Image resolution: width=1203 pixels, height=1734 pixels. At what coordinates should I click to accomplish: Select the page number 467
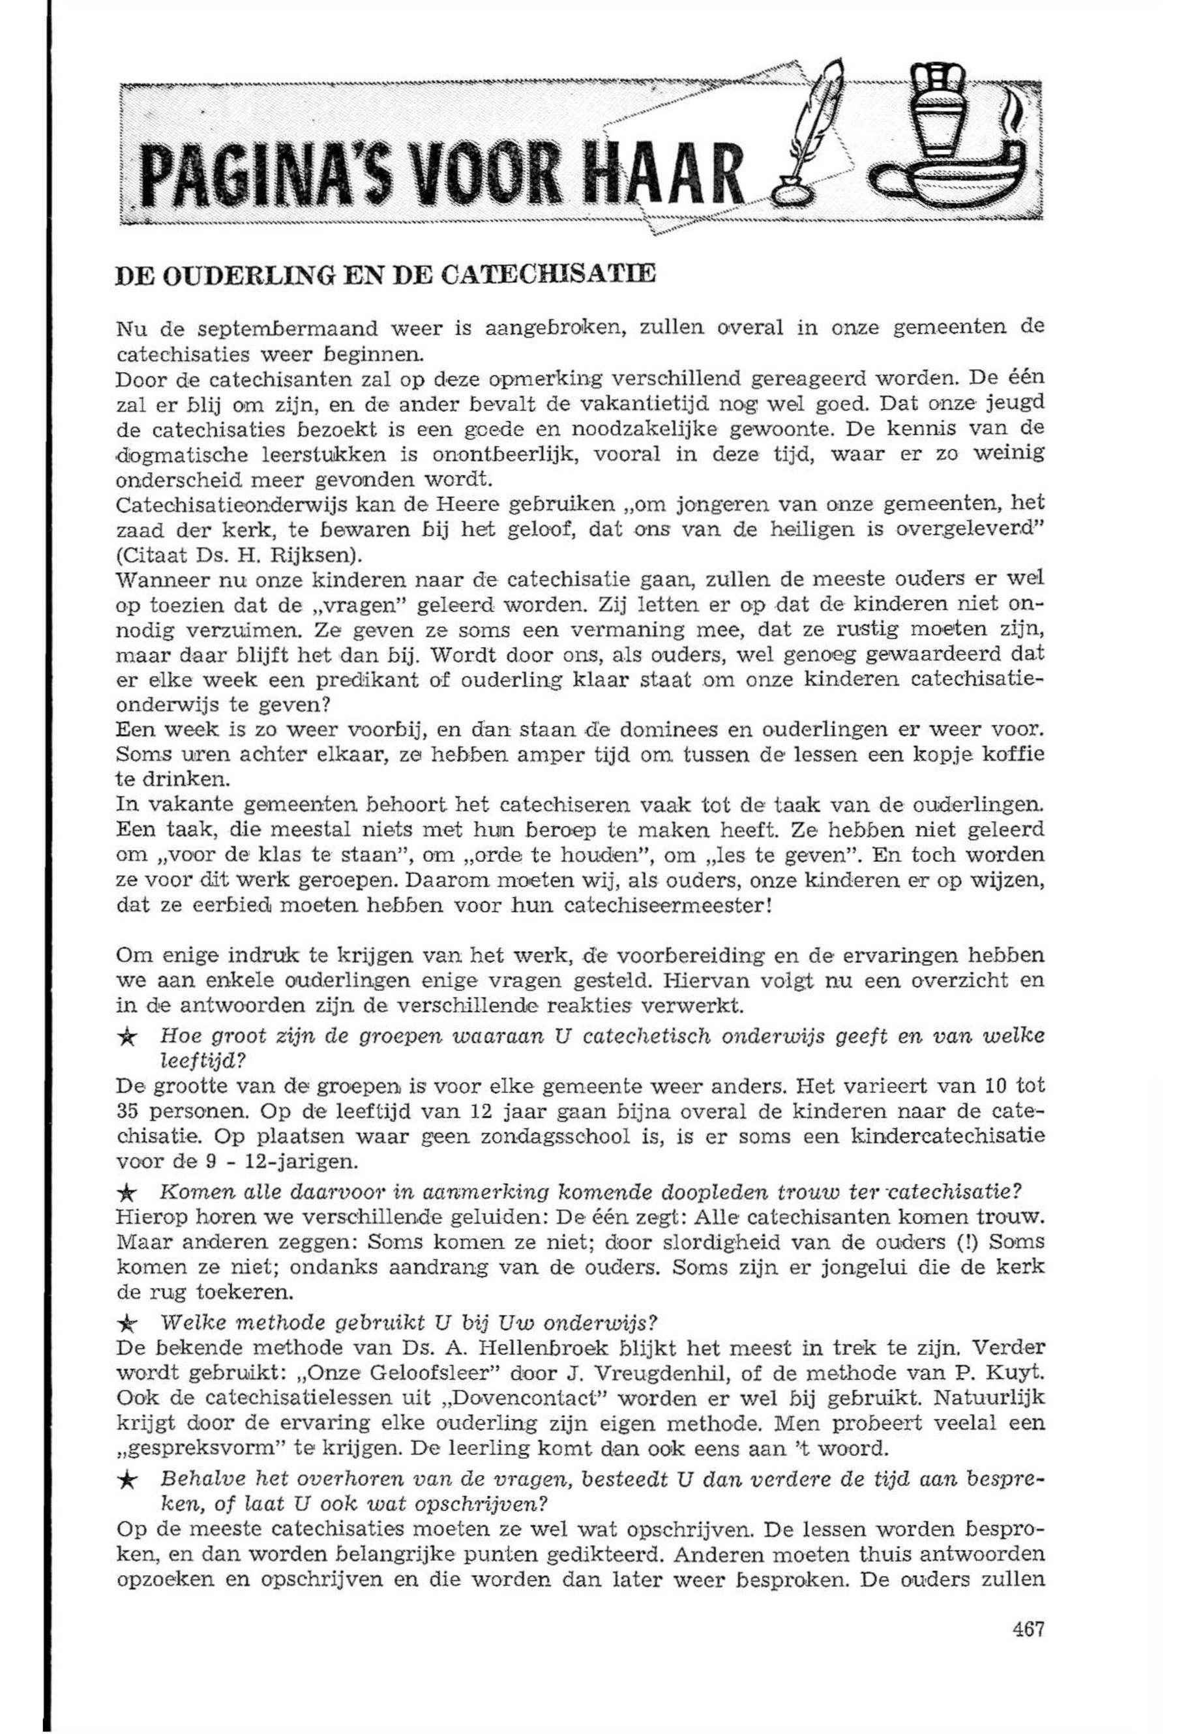coord(1028,1629)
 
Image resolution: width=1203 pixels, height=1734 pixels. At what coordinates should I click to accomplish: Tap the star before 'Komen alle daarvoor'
coord(129,1193)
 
